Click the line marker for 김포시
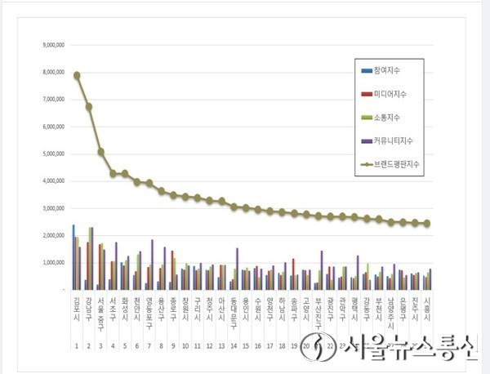pos(77,75)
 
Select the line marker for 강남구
pos(89,106)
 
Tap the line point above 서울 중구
pos(100,151)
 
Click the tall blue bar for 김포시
pos(73,256)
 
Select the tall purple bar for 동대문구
pos(238,269)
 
